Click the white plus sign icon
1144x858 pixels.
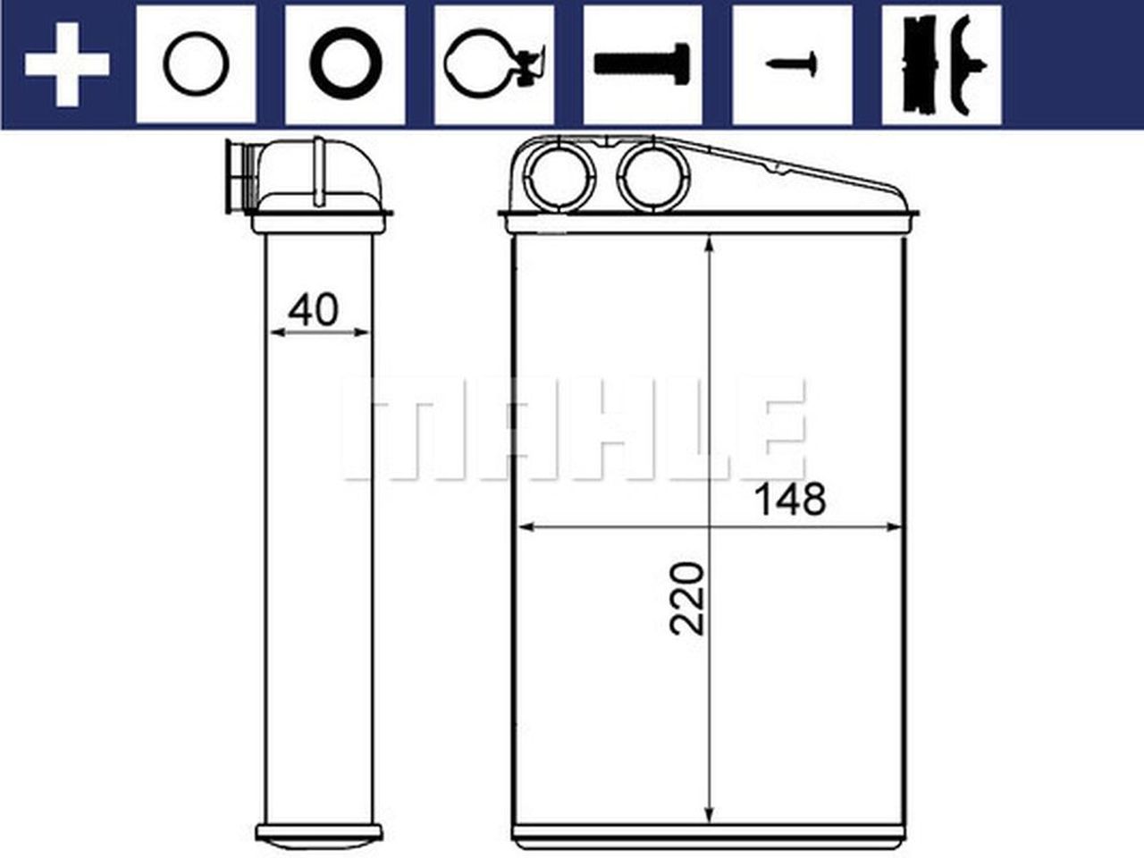pos(67,64)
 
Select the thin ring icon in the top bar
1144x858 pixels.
pos(196,64)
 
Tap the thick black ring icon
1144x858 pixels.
pos(345,64)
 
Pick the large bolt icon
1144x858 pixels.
pos(642,64)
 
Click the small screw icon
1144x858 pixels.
pos(791,64)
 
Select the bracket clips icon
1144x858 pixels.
pos(940,64)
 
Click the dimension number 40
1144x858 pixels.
pos(313,309)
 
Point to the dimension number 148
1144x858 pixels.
pos(790,500)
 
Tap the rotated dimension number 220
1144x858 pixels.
pos(687,598)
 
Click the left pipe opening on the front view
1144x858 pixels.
pos(559,177)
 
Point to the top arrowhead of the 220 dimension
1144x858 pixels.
pos(710,245)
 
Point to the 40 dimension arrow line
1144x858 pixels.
pos(318,332)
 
